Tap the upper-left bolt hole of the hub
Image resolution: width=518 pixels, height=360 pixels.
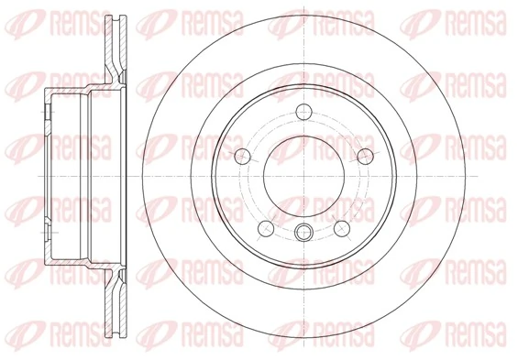point(242,156)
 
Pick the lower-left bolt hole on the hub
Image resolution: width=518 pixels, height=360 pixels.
point(264,226)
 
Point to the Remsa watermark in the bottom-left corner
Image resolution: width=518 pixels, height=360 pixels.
point(37,333)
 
